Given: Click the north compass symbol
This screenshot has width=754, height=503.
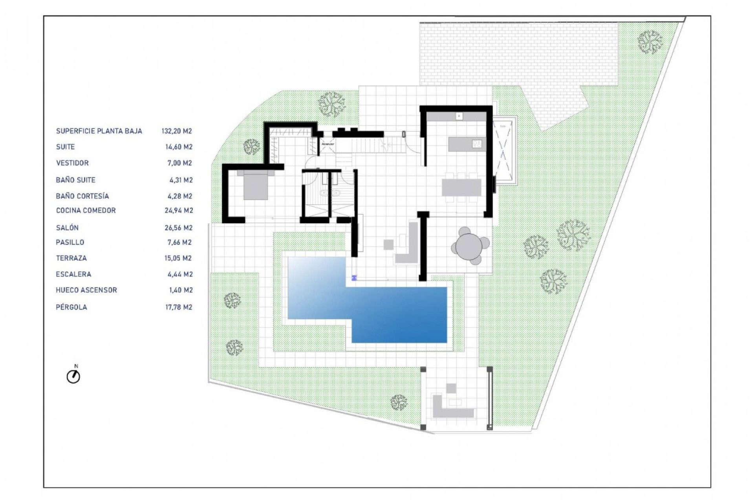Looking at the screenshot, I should pos(73,376).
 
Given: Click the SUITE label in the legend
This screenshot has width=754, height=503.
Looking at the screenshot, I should pos(65,147).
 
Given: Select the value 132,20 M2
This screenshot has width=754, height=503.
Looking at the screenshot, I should pos(177,131).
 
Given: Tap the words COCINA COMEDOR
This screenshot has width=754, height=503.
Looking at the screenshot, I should pos(86,211).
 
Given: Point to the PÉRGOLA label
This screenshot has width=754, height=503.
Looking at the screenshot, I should pos(71,307).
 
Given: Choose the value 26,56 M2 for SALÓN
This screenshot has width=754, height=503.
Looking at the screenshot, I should pos(179,228).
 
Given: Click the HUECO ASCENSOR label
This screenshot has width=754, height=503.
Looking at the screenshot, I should pos(86,290).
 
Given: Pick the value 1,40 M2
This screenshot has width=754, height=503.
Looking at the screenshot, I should pos(181,290).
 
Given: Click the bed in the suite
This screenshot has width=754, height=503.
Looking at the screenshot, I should pos(256,185).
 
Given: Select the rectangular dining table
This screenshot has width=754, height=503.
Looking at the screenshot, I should pos(461,187).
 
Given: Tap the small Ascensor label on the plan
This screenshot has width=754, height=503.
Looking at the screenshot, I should pos(328,144).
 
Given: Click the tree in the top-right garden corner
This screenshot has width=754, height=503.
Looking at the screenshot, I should pos(650,42).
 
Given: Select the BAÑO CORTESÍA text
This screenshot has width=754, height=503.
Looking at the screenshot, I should pos(82,196).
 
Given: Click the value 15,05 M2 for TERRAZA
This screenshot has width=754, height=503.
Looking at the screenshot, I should pos(178,258).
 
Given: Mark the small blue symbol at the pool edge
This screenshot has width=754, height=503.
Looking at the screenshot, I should pos(354,278).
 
